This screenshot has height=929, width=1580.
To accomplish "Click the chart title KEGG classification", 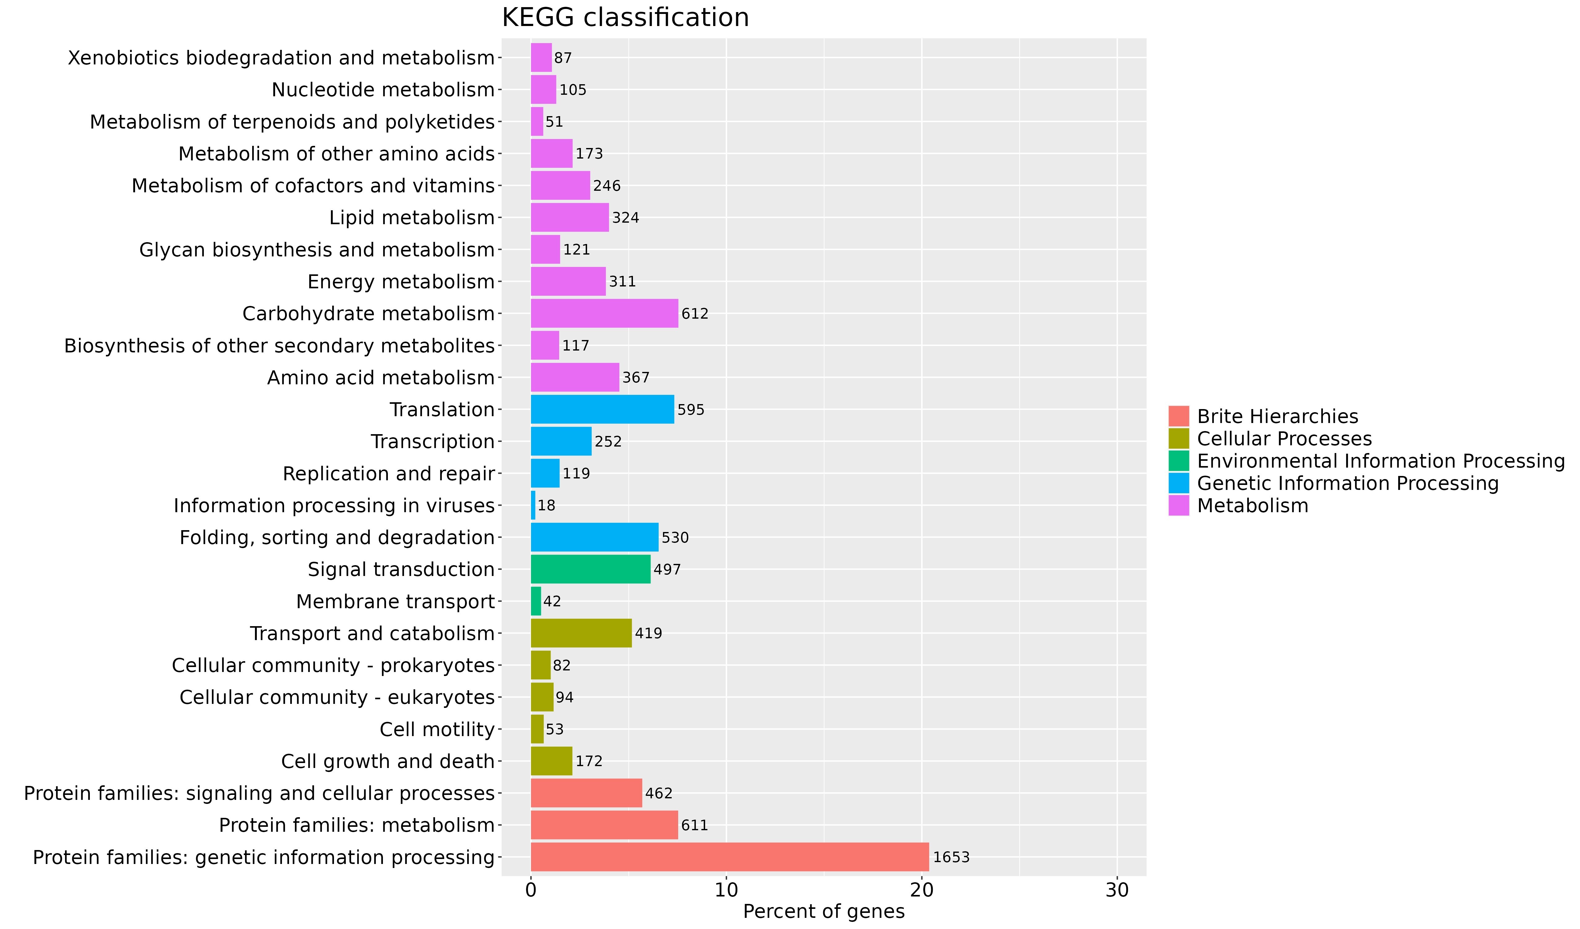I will click(x=625, y=18).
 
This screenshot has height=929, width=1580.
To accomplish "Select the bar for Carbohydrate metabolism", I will click(x=604, y=313).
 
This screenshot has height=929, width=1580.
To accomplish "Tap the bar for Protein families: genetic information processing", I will click(x=729, y=857).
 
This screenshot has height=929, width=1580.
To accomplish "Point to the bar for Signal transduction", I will click(x=590, y=569).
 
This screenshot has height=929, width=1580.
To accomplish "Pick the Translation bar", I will click(x=602, y=409).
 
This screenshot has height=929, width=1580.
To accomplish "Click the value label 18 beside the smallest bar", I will click(x=546, y=505).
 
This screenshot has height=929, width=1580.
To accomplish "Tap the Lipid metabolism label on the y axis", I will click(x=412, y=217).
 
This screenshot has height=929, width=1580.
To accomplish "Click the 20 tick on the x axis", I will click(x=922, y=891).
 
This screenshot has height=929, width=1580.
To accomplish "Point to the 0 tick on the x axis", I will click(x=531, y=891).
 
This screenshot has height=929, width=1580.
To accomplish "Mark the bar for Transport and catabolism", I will click(x=581, y=633).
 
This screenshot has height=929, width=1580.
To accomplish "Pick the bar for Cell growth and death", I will click(x=551, y=761).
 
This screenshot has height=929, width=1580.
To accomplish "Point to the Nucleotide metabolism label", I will click(x=383, y=89).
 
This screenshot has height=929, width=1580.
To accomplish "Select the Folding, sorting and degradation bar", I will click(x=595, y=537).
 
